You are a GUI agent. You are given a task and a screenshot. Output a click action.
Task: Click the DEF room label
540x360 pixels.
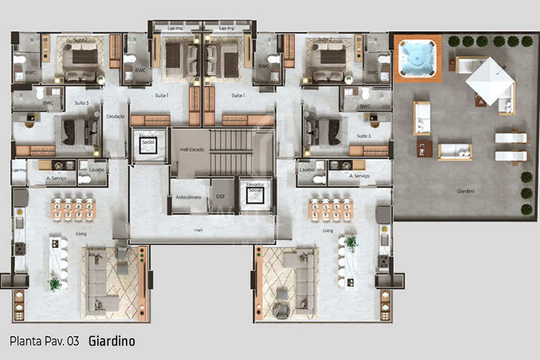coord(220,196)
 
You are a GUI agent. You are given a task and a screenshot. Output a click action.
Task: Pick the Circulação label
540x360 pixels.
coord(116,116)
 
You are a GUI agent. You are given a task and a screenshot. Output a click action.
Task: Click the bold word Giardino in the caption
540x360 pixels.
coord(112,341)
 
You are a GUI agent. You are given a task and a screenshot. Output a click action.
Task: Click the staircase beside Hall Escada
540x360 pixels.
coord(231,153)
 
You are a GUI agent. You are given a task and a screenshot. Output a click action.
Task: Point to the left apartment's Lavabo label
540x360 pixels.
coord(96,169)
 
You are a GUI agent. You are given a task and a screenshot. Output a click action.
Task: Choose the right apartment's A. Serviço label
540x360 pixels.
coord(359,176)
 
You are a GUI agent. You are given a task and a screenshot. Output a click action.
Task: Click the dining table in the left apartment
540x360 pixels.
coord(73,209)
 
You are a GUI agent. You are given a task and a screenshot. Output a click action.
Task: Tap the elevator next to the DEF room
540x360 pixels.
coord(255,193)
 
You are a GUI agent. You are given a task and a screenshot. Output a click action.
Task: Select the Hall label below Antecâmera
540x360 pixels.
coord(198,230)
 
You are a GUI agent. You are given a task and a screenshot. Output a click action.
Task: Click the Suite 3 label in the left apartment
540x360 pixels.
coord(82,103)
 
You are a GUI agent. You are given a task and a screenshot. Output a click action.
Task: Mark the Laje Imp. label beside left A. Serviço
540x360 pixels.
coord(19,169)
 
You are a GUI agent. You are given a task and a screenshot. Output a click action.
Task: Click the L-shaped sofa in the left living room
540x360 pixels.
coord(102,279)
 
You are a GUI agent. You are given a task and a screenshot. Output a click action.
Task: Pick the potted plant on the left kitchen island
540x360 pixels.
coord(55,284)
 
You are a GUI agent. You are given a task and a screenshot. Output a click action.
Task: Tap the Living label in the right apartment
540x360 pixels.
coord(328,230)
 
